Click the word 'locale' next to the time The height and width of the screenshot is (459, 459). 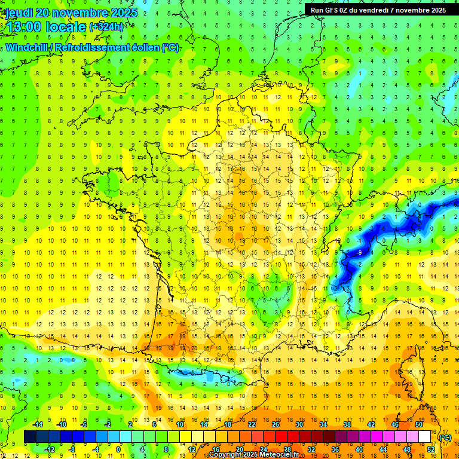tap(68, 27)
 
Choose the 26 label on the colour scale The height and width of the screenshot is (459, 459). tap(276, 424)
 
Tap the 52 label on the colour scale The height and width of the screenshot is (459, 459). tap(431, 449)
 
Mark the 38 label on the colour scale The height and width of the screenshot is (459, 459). tap(347, 424)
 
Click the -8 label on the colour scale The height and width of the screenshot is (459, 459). tap(73, 449)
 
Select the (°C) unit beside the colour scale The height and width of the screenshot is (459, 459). tap(445, 437)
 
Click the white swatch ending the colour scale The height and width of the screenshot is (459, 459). tap(425, 437)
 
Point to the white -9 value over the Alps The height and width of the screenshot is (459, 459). tap(359, 253)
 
